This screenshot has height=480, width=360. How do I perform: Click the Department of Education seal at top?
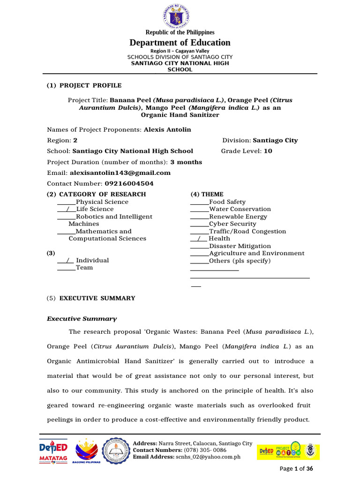point(180,15)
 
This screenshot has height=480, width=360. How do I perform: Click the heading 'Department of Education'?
point(180,43)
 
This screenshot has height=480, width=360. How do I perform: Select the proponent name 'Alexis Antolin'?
point(167,129)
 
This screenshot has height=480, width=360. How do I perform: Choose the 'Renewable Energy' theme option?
point(238,217)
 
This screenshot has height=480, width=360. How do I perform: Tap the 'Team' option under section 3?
point(84,268)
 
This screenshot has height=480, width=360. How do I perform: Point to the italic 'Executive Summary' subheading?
point(82,319)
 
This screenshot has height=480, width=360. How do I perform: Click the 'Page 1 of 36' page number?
point(296,469)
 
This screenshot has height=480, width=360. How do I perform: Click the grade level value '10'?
point(268,151)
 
